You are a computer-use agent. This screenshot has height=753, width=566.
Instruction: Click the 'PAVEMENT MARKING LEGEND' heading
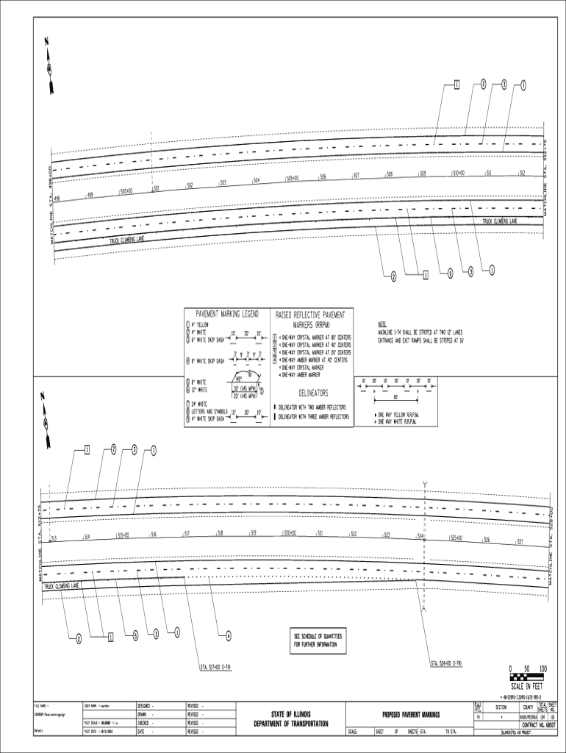pyautogui.click(x=226, y=314)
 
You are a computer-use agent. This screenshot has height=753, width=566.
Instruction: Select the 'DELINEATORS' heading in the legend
pyautogui.click(x=313, y=393)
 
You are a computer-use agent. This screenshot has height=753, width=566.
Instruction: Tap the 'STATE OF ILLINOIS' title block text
pyautogui.click(x=292, y=714)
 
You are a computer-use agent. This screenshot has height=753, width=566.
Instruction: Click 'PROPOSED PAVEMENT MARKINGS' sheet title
pyautogui.click(x=410, y=714)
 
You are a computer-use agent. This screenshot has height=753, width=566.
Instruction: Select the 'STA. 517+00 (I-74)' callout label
pyautogui.click(x=216, y=667)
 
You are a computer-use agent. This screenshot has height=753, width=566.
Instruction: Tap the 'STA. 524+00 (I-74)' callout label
pyautogui.click(x=447, y=664)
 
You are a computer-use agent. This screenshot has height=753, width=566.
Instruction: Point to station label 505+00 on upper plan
pyautogui.click(x=292, y=178)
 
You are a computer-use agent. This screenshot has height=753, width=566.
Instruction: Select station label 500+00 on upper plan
pyautogui.click(x=126, y=191)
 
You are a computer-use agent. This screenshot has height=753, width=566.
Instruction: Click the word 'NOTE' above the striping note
pyautogui.click(x=382, y=324)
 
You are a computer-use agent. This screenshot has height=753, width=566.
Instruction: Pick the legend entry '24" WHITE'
pyautogui.click(x=199, y=404)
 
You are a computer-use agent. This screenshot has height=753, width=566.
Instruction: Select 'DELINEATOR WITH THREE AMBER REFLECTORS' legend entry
pyautogui.click(x=313, y=416)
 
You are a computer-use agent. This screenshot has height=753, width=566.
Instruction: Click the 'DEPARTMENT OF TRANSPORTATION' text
pyautogui.click(x=292, y=724)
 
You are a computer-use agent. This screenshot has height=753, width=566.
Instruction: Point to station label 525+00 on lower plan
pyautogui.click(x=457, y=538)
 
